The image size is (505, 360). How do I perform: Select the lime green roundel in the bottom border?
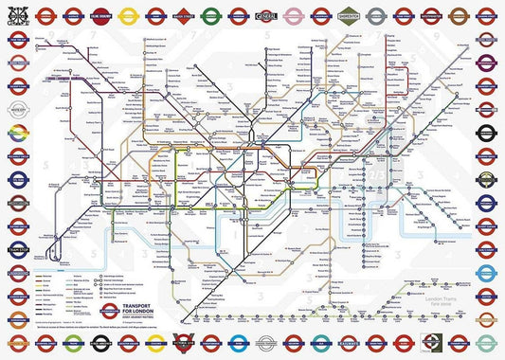tap(431, 345)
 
